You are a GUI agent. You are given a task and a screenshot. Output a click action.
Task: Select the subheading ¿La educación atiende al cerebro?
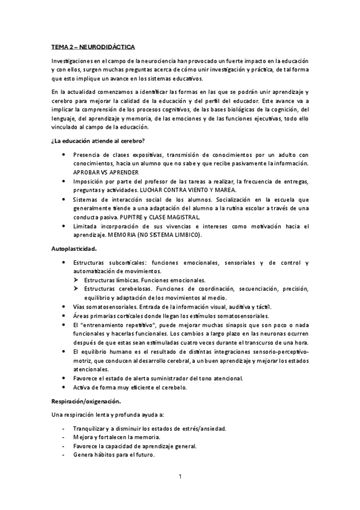pos(98,141)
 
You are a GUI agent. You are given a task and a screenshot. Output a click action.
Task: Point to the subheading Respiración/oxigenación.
pos(87,401)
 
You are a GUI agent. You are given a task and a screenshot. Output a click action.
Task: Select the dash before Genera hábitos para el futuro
pos(63,455)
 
